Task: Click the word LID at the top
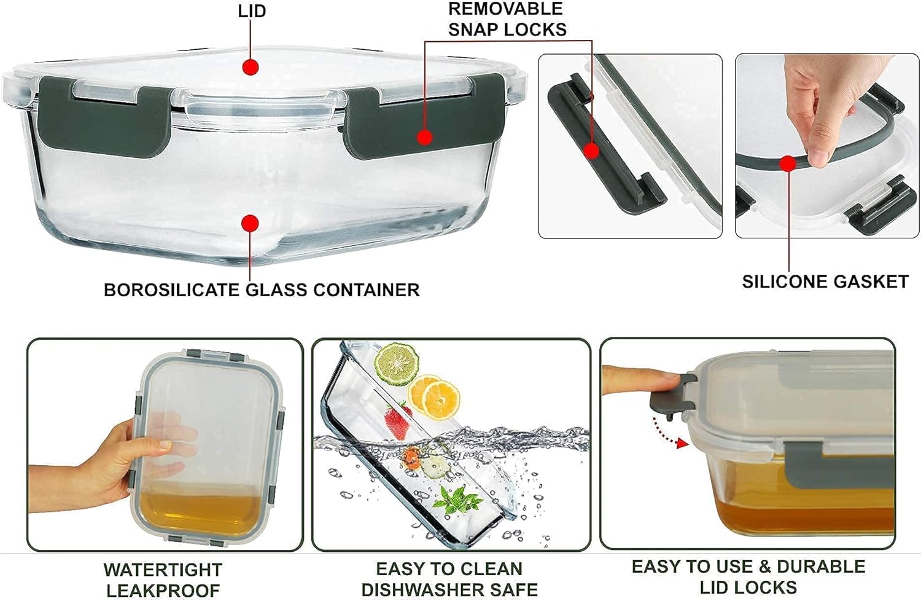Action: tap(252, 11)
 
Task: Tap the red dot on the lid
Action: tap(251, 67)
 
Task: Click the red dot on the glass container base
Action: tap(250, 224)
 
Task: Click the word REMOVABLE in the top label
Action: tap(505, 9)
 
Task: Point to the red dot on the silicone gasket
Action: tap(788, 164)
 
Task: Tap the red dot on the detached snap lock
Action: tap(591, 151)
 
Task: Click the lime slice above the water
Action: tap(397, 364)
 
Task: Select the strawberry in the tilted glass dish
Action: tap(398, 421)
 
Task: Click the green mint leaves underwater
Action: tap(456, 500)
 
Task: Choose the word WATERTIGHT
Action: tap(163, 570)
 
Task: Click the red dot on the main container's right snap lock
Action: tap(425, 137)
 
